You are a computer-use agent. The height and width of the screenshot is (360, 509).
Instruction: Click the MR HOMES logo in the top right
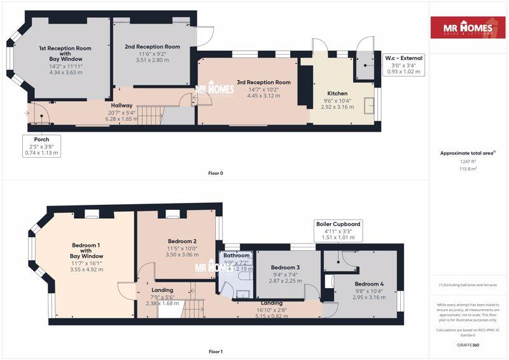click(468, 28)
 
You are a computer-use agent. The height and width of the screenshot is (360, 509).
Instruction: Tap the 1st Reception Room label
click(65, 52)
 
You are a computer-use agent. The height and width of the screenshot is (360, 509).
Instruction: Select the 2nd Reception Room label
click(152, 46)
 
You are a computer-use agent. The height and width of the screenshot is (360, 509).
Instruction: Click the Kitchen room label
click(337, 93)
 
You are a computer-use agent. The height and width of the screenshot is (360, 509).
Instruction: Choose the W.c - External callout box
click(404, 65)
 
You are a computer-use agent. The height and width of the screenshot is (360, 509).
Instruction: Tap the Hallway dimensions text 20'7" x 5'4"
click(122, 112)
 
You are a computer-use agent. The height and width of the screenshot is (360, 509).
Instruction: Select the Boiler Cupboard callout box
click(338, 231)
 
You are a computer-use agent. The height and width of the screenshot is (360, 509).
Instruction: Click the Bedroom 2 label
click(182, 241)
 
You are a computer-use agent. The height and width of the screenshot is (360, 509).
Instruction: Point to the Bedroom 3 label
click(284, 267)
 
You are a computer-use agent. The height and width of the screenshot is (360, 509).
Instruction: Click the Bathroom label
click(235, 256)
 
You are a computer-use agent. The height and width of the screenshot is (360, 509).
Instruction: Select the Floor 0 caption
click(216, 173)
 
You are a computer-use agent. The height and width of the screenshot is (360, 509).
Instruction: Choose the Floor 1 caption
click(216, 351)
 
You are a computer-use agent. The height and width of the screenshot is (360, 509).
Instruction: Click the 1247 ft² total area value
click(468, 162)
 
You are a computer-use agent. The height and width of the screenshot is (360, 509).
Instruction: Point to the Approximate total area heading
click(468, 153)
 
